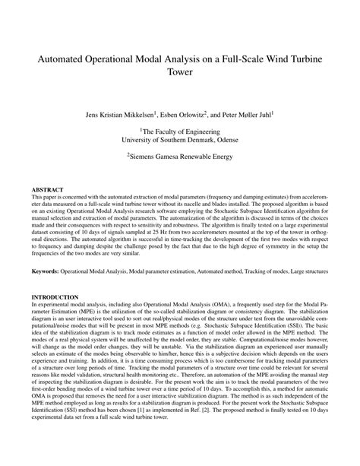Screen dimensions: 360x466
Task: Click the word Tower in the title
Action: (180, 74)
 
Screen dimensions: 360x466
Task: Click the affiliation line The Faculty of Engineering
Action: (180, 130)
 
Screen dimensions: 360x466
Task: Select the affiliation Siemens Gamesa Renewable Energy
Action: (180, 158)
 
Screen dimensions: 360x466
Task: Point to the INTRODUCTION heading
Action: (55, 296)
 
